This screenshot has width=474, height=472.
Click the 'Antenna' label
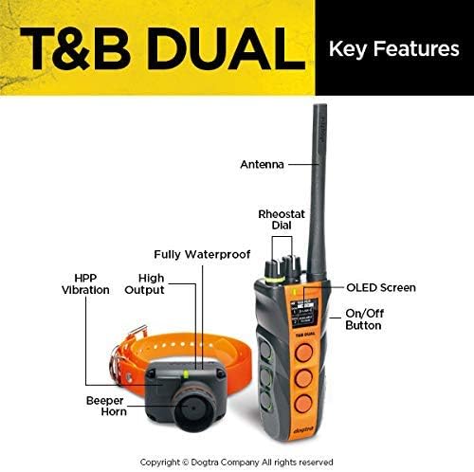coord(262,164)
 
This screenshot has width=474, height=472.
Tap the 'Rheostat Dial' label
coord(282,220)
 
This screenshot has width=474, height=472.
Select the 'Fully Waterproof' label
coord(202,254)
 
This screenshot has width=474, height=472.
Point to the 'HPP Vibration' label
coord(85,284)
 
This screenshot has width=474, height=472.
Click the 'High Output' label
coord(145,284)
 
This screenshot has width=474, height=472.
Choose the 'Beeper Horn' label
coord(106,406)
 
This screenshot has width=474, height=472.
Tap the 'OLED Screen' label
coord(381,287)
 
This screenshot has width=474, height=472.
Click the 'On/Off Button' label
coord(365,319)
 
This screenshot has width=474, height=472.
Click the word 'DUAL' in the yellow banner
coord(227,48)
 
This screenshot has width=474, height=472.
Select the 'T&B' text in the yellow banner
coord(76,48)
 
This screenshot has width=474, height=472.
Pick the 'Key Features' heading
coord(394,49)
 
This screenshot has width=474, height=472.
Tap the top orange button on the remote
coord(304,353)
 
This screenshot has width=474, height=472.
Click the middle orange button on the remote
coord(304,377)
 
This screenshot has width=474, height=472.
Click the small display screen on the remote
coord(304,313)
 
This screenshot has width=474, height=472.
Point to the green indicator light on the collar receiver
coord(186,374)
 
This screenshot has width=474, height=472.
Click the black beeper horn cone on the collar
coord(193,407)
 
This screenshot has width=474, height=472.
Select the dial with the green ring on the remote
coord(273,272)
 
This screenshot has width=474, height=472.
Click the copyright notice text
coord(236,463)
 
